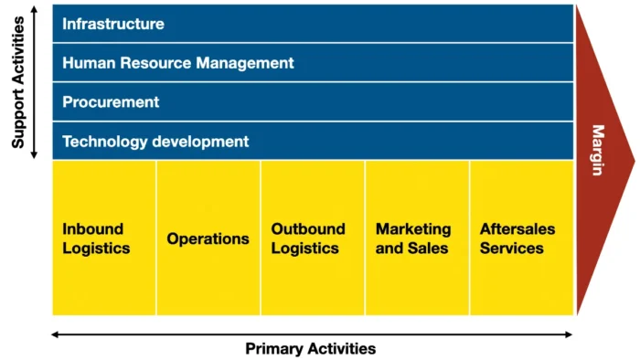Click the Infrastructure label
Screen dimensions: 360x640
tap(113, 24)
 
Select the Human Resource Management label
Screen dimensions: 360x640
tap(178, 63)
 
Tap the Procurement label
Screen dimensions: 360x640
tap(111, 102)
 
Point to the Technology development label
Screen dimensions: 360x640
tap(155, 142)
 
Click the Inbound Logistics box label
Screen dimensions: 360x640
tap(96, 238)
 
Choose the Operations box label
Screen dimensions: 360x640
tap(208, 238)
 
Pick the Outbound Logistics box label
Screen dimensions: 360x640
tap(308, 238)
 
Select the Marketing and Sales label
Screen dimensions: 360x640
tap(413, 238)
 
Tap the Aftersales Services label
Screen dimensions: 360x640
tap(517, 238)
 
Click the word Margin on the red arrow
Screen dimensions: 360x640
tap(597, 150)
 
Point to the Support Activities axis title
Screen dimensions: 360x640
tap(17, 83)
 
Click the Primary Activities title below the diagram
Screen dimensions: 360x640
tap(310, 348)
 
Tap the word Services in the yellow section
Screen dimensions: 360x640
tap(512, 248)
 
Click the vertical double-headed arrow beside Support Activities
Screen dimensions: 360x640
tap(35, 81)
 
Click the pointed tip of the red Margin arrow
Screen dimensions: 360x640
tap(632, 161)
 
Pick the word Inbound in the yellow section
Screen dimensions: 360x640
tap(92, 228)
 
